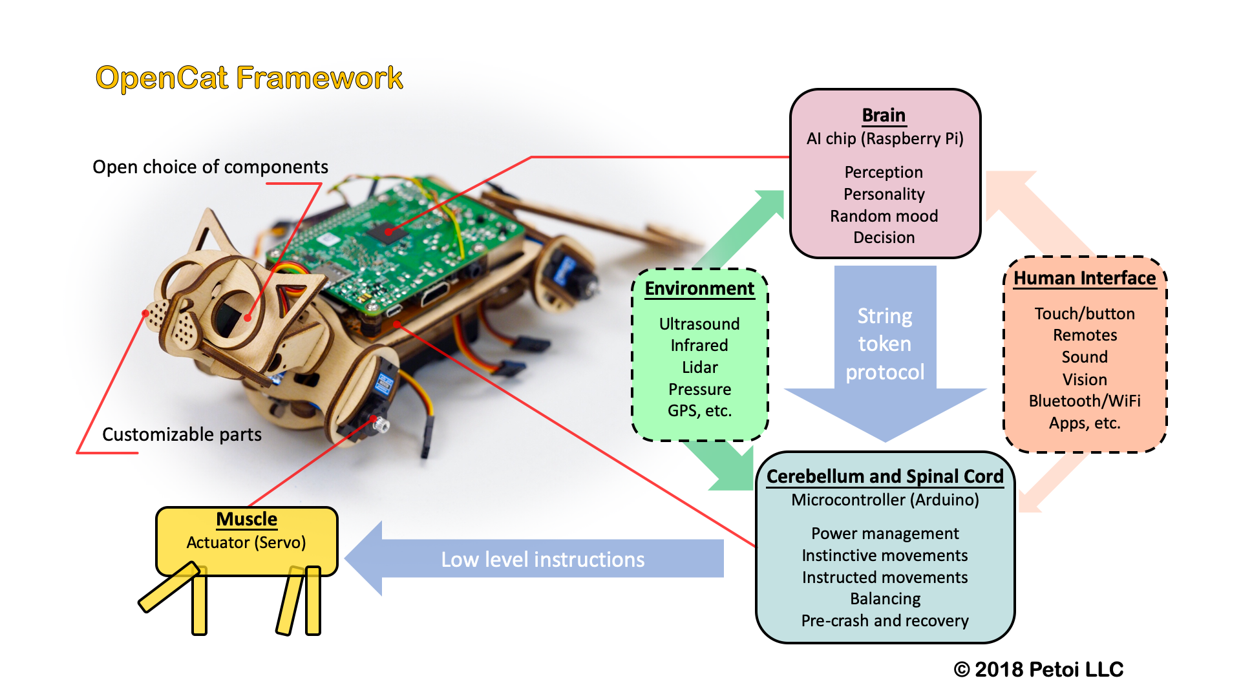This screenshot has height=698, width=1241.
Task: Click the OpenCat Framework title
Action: tap(249, 78)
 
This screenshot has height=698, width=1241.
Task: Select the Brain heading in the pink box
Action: tap(884, 115)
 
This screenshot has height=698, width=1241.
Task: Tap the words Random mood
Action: tap(884, 216)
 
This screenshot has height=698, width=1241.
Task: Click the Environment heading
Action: tap(699, 288)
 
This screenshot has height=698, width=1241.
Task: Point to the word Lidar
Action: tap(699, 367)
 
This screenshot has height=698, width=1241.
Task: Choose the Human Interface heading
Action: tap(1084, 278)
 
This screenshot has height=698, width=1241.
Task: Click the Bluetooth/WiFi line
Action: tap(1084, 401)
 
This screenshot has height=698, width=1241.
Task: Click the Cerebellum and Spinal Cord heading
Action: tap(885, 476)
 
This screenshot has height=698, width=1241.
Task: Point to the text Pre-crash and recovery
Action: tap(885, 620)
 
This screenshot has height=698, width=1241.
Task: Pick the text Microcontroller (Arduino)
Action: tap(885, 500)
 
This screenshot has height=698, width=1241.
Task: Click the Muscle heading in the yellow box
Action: tap(246, 519)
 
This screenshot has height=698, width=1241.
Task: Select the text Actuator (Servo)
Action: tap(246, 542)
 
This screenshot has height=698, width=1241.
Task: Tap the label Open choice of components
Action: tap(210, 167)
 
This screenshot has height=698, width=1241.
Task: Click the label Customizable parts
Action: tap(182, 434)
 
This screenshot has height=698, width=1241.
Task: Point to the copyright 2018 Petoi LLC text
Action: tap(1039, 669)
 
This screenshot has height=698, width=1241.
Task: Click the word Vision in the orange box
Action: tap(1084, 379)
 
